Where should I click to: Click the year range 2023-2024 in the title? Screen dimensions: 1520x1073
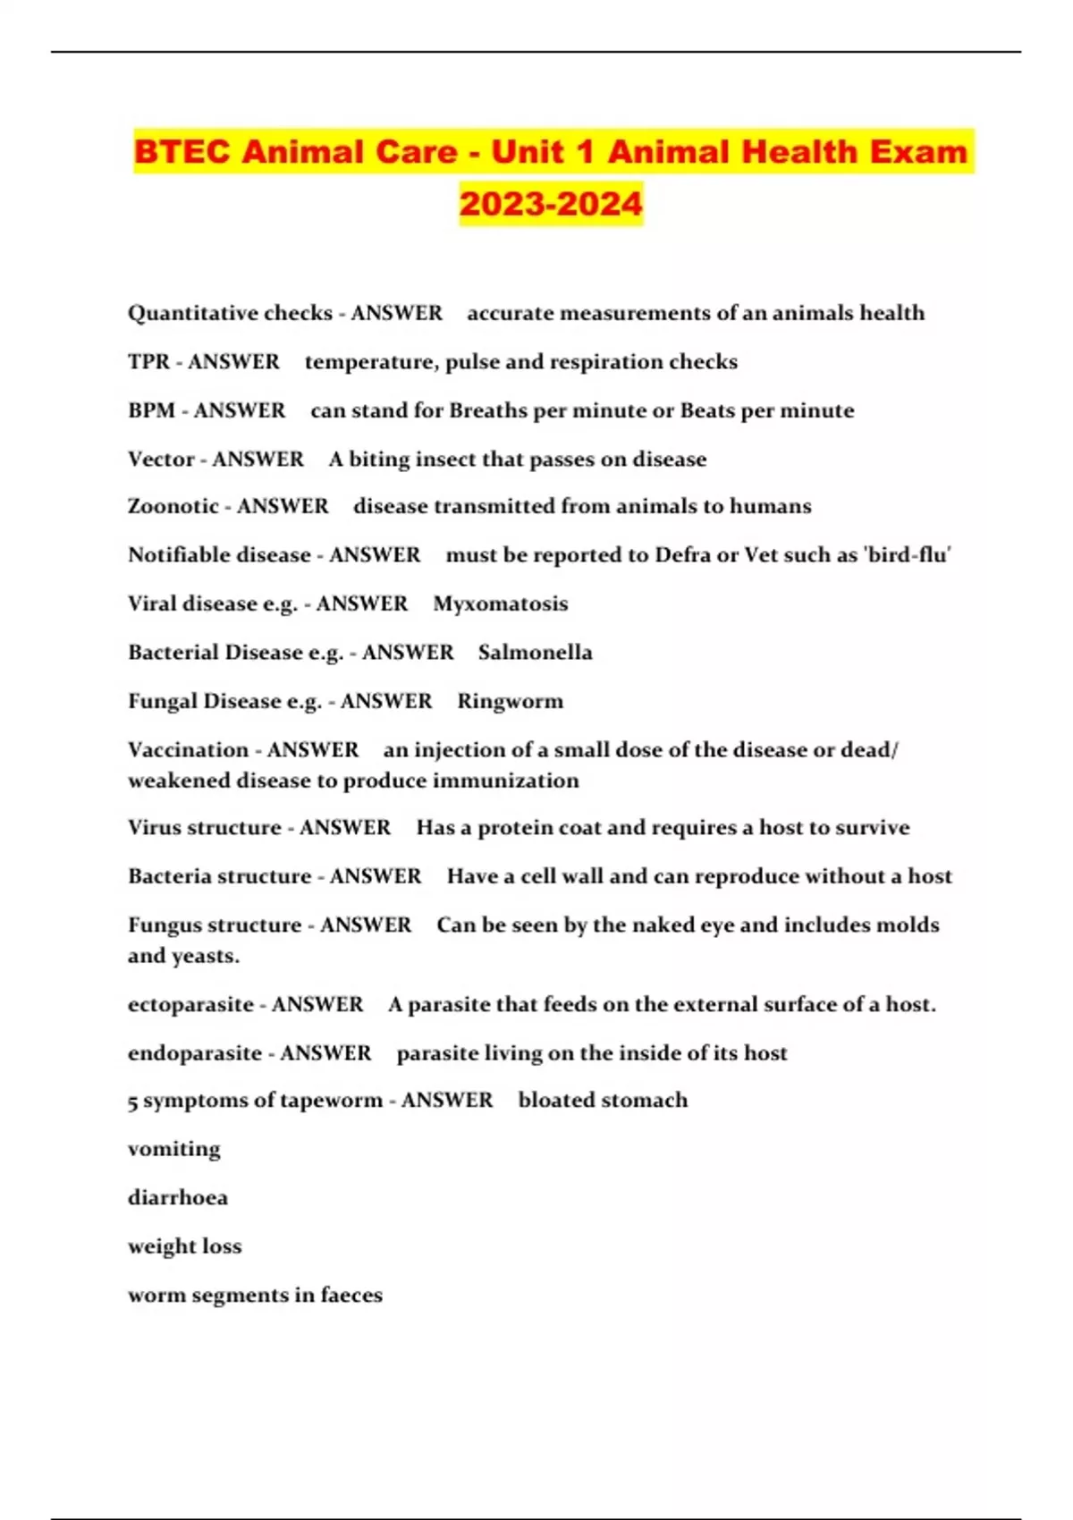point(551,204)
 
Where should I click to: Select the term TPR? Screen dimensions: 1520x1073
point(148,362)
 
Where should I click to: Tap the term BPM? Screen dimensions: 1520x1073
point(151,410)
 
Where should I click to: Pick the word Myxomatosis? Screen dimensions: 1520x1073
point(501,604)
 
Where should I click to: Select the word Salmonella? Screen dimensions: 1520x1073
point(535,652)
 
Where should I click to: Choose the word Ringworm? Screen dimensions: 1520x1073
point(511,701)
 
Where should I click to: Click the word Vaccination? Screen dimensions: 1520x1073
point(188,749)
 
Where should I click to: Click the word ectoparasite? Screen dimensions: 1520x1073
point(190,1004)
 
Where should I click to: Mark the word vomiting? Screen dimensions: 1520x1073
point(173,1149)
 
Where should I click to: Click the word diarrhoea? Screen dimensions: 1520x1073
point(178,1198)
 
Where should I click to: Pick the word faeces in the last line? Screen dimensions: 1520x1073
point(351,1295)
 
